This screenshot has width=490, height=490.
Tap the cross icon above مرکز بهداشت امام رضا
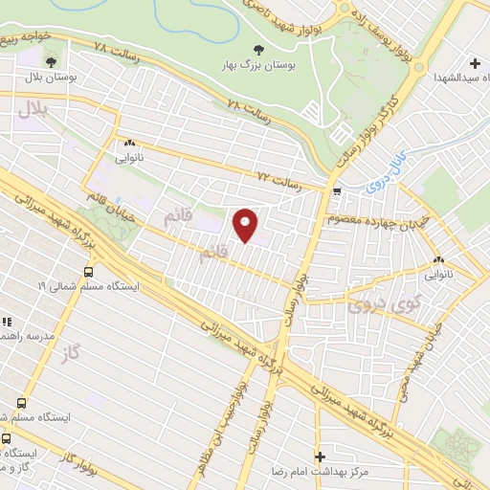click(321, 457)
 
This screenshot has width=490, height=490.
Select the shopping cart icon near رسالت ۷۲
click(336, 191)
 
